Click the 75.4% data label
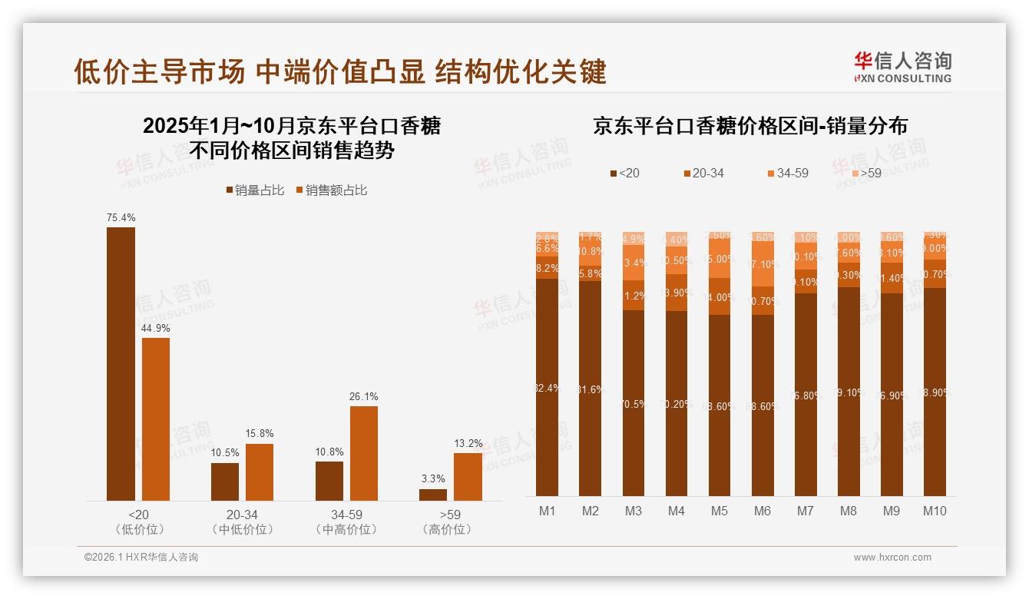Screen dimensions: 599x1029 [121, 218]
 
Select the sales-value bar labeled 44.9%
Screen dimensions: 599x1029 [156, 419]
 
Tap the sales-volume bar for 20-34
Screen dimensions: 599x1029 [225, 482]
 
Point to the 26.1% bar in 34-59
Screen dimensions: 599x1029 [364, 453]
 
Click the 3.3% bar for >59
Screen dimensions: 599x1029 [433, 495]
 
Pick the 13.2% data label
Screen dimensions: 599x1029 [468, 443]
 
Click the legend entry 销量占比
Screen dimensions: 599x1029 [255, 190]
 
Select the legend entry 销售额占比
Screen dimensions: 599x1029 [331, 190]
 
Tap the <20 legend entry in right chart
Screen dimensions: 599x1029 [624, 174]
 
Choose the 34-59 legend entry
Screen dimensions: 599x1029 [787, 174]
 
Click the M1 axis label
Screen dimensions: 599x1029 [547, 511]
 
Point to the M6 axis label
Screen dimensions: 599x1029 [763, 511]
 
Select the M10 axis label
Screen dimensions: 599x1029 [935, 511]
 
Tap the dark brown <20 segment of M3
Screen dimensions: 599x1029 [634, 403]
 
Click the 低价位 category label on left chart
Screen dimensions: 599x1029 [139, 529]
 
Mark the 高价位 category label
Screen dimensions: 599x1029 [447, 529]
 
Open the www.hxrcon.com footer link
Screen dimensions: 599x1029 [892, 558]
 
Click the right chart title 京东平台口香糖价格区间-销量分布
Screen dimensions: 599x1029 [749, 126]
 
